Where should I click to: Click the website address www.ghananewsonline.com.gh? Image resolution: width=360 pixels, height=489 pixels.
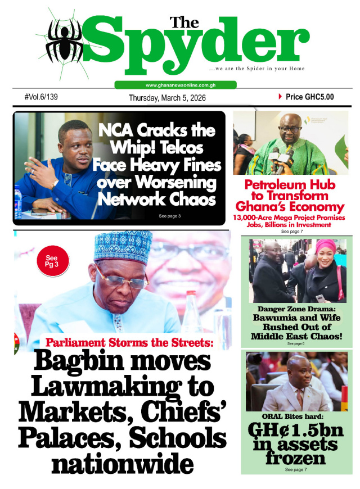coord(175,85)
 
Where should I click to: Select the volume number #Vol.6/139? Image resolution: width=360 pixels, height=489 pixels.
coord(41,97)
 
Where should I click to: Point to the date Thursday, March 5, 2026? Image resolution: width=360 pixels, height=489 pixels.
coord(167,98)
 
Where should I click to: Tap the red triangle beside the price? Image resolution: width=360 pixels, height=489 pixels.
coord(280,97)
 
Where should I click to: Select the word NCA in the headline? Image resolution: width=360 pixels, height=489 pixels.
coord(117,130)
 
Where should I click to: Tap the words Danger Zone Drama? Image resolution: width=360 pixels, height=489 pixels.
coord(296,309)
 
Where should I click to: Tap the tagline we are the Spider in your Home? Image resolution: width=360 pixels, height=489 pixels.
coord(256,69)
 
